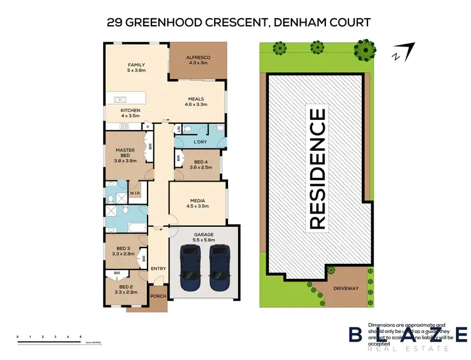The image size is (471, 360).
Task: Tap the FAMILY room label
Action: click(x=136, y=65)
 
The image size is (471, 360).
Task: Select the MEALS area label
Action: click(x=196, y=99)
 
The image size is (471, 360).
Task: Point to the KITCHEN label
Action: click(x=131, y=111)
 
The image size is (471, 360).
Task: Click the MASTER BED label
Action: click(x=126, y=153)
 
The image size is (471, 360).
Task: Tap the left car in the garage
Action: click(x=190, y=265)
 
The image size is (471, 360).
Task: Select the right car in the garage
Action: click(x=220, y=265)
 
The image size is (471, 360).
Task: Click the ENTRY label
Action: click(x=158, y=269)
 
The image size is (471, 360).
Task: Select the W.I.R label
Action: click(x=134, y=193)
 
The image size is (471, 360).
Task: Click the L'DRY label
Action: click(x=200, y=143)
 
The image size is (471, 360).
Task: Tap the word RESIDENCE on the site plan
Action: click(x=318, y=168)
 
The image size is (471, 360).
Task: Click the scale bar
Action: click(x=50, y=340)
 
